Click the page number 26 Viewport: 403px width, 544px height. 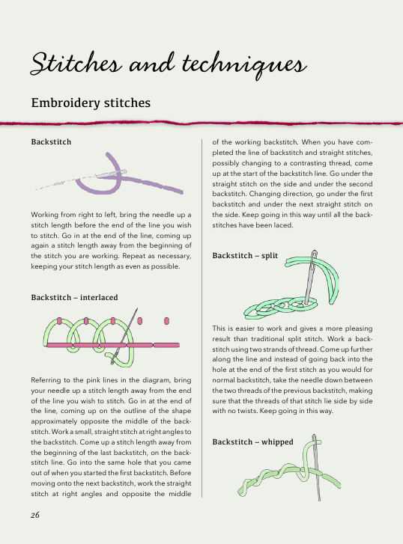pyautogui.click(x=35, y=515)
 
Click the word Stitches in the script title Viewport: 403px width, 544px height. pyautogui.click(x=76, y=64)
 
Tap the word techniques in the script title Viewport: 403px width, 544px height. pyautogui.click(x=244, y=64)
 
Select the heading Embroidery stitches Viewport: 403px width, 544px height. pyautogui.click(x=91, y=103)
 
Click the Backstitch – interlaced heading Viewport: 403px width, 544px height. pyautogui.click(x=74, y=297)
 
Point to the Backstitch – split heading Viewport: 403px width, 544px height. pyautogui.click(x=245, y=256)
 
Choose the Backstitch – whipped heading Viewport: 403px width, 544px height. pyautogui.click(x=252, y=441)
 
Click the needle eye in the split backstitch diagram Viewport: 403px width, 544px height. pyautogui.click(x=315, y=256)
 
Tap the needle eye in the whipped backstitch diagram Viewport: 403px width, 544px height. pyautogui.click(x=314, y=439)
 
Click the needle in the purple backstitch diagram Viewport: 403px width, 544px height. pyautogui.click(x=110, y=174)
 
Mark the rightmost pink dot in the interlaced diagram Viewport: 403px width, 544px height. pyautogui.click(x=166, y=321)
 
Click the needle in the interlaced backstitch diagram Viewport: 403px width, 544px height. pyautogui.click(x=124, y=336)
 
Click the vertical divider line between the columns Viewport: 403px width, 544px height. pyautogui.click(x=201, y=318)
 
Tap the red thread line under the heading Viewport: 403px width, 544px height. pyautogui.click(x=201, y=123)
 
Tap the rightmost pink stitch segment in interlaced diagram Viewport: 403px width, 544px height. pyautogui.click(x=166, y=345)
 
